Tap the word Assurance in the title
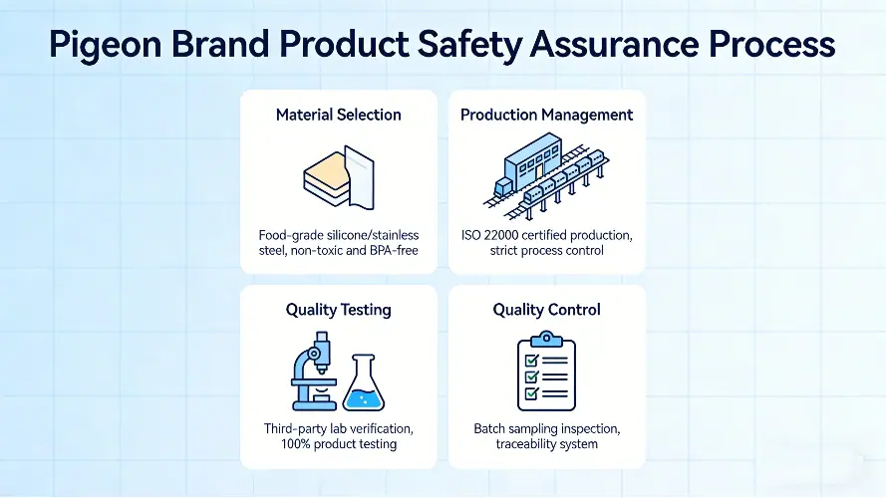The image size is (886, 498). [x=630, y=45]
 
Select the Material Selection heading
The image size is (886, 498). [x=339, y=115]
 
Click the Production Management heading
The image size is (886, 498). [x=546, y=115]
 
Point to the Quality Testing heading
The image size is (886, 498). [x=339, y=310]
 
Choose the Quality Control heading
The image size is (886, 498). [x=546, y=310]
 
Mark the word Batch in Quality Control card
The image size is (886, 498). [x=492, y=428]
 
